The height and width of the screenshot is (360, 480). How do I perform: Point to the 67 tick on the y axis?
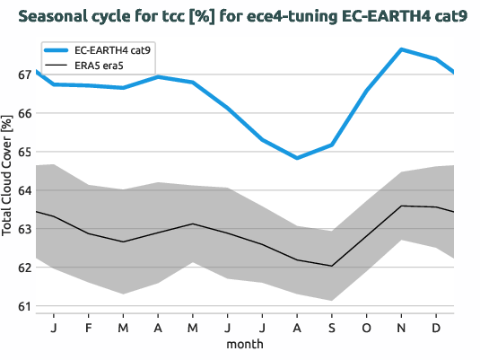click(x=24, y=75)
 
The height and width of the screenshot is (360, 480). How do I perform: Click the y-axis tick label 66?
click(x=24, y=113)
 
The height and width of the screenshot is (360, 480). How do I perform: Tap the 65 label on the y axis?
click(x=24, y=152)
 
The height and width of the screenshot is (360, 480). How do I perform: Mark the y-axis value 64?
click(x=24, y=190)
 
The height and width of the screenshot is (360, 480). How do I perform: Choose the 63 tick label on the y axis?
click(x=24, y=229)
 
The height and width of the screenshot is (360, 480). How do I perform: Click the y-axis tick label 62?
click(x=24, y=268)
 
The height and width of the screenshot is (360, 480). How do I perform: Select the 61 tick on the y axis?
click(x=24, y=306)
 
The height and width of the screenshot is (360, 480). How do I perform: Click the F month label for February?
click(x=89, y=327)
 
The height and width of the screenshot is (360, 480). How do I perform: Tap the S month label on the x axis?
click(x=331, y=327)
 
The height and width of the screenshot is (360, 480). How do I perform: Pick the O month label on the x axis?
click(x=366, y=327)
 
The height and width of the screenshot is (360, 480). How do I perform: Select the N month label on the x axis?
click(x=401, y=327)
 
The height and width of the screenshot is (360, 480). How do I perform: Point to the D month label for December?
click(x=436, y=327)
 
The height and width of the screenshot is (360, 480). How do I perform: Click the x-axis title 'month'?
click(x=245, y=344)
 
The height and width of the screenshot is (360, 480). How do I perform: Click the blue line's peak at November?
click(x=401, y=49)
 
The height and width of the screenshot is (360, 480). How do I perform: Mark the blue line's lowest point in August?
click(x=297, y=158)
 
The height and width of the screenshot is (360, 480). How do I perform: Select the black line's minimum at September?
click(x=331, y=266)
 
